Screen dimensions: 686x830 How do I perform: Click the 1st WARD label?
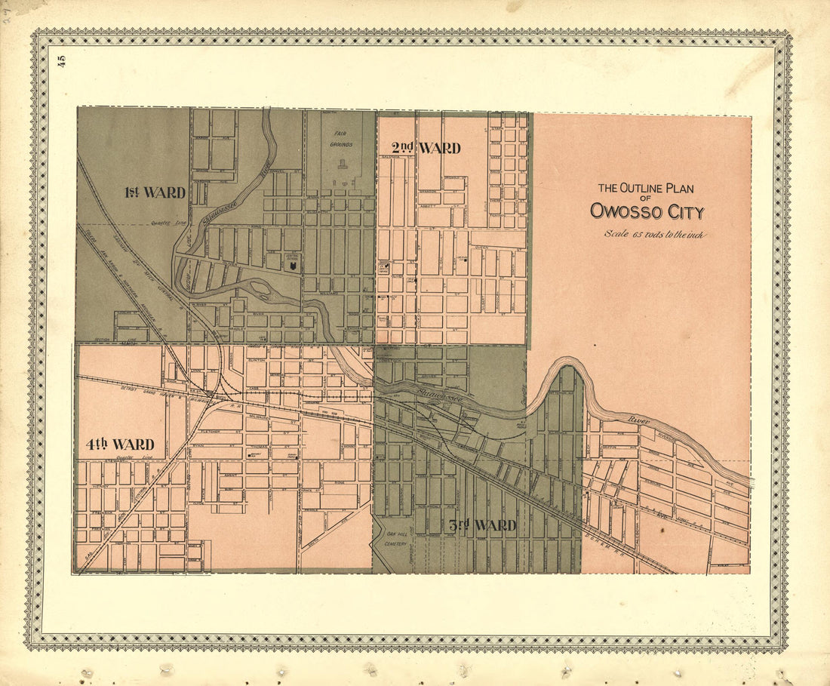pyautogui.click(x=155, y=192)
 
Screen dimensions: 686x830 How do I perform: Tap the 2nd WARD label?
pyautogui.click(x=426, y=148)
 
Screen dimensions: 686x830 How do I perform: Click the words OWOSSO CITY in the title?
pyautogui.click(x=647, y=211)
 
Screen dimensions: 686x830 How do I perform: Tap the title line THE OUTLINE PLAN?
pyautogui.click(x=645, y=189)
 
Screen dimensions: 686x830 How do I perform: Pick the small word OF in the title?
pyautogui.click(x=646, y=199)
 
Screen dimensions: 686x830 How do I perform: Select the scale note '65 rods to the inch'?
pyautogui.click(x=654, y=234)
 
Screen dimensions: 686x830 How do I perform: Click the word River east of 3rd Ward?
pyautogui.click(x=638, y=420)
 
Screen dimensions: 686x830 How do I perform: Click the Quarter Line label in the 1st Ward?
pyautogui.click(x=161, y=223)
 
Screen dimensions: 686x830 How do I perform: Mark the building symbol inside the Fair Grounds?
pyautogui.click(x=343, y=164)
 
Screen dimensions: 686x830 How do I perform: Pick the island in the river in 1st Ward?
pyautogui.click(x=260, y=288)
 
